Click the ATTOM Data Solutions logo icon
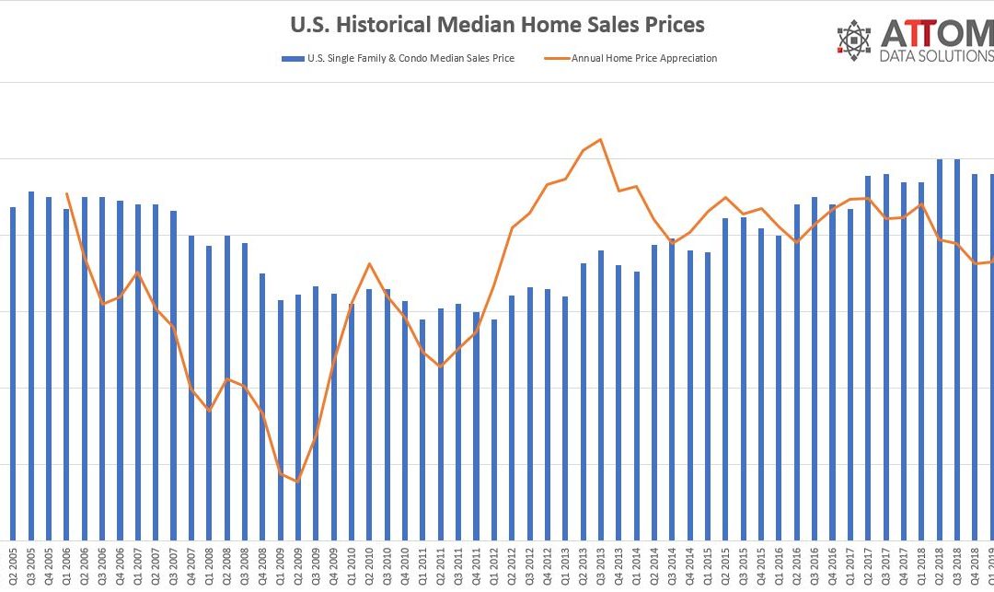click(x=855, y=39)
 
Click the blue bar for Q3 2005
click(x=31, y=368)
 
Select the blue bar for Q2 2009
click(x=297, y=419)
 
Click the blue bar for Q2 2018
click(x=940, y=350)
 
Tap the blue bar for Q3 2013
click(x=601, y=396)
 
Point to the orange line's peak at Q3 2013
click(x=601, y=140)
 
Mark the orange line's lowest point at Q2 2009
click(x=297, y=482)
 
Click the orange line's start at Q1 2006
click(x=66, y=193)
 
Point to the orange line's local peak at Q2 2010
click(x=369, y=264)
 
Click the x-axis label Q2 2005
click(x=13, y=568)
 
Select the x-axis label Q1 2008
click(x=209, y=568)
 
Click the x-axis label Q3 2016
click(x=815, y=568)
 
